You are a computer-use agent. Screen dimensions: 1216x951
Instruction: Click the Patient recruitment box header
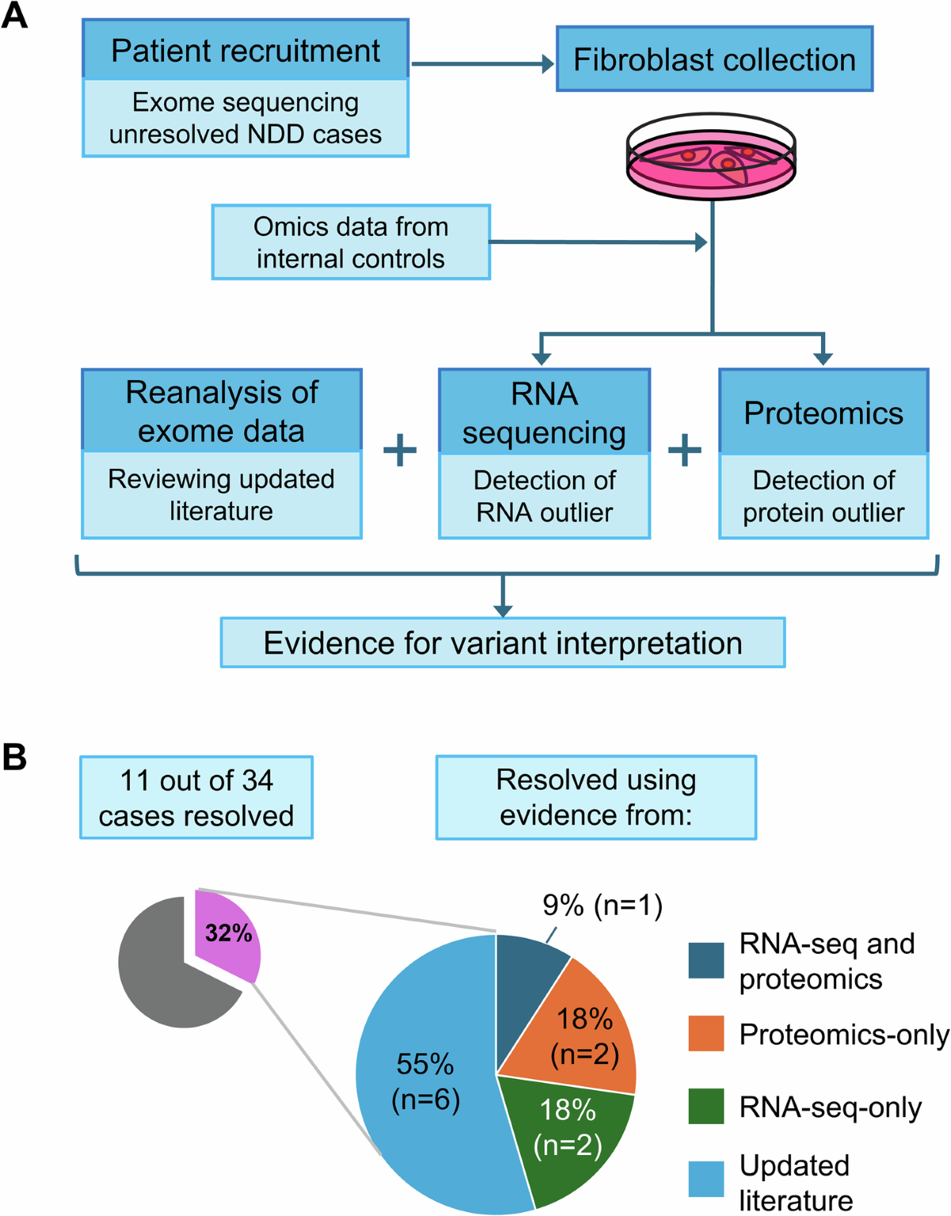[246, 51]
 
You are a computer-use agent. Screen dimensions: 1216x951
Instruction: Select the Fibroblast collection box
[714, 59]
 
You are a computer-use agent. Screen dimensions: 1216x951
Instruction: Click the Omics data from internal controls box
[350, 242]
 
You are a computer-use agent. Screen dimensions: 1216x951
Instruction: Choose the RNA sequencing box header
[544, 412]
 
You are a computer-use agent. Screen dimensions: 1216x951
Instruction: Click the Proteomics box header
[823, 413]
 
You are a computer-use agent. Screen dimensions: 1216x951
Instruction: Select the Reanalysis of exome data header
[222, 411]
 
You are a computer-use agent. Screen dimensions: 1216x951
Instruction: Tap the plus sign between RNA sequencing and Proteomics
[685, 451]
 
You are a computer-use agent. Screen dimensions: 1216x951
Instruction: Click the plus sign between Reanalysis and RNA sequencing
[400, 451]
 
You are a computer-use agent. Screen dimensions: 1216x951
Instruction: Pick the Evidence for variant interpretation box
[502, 643]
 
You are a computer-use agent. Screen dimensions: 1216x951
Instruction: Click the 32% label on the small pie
[228, 933]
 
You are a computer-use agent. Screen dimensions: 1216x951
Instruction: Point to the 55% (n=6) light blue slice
[426, 1081]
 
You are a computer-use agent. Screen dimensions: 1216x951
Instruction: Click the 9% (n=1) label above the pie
[602, 905]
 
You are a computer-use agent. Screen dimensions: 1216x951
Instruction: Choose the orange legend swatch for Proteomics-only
[706, 1034]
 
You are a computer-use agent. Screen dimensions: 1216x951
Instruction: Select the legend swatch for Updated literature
[706, 1179]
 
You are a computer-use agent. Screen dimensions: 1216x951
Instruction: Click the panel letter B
[14, 757]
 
